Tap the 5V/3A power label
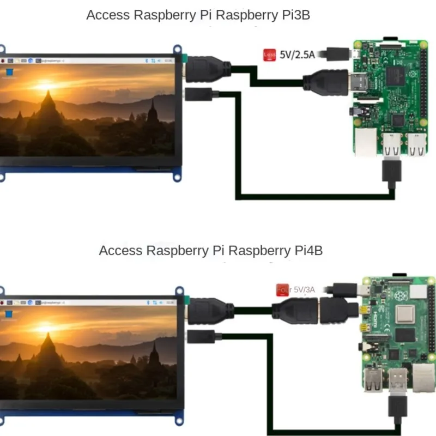[x=305, y=289]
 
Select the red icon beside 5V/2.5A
[x=269, y=55]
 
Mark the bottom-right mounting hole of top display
[x=177, y=177]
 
